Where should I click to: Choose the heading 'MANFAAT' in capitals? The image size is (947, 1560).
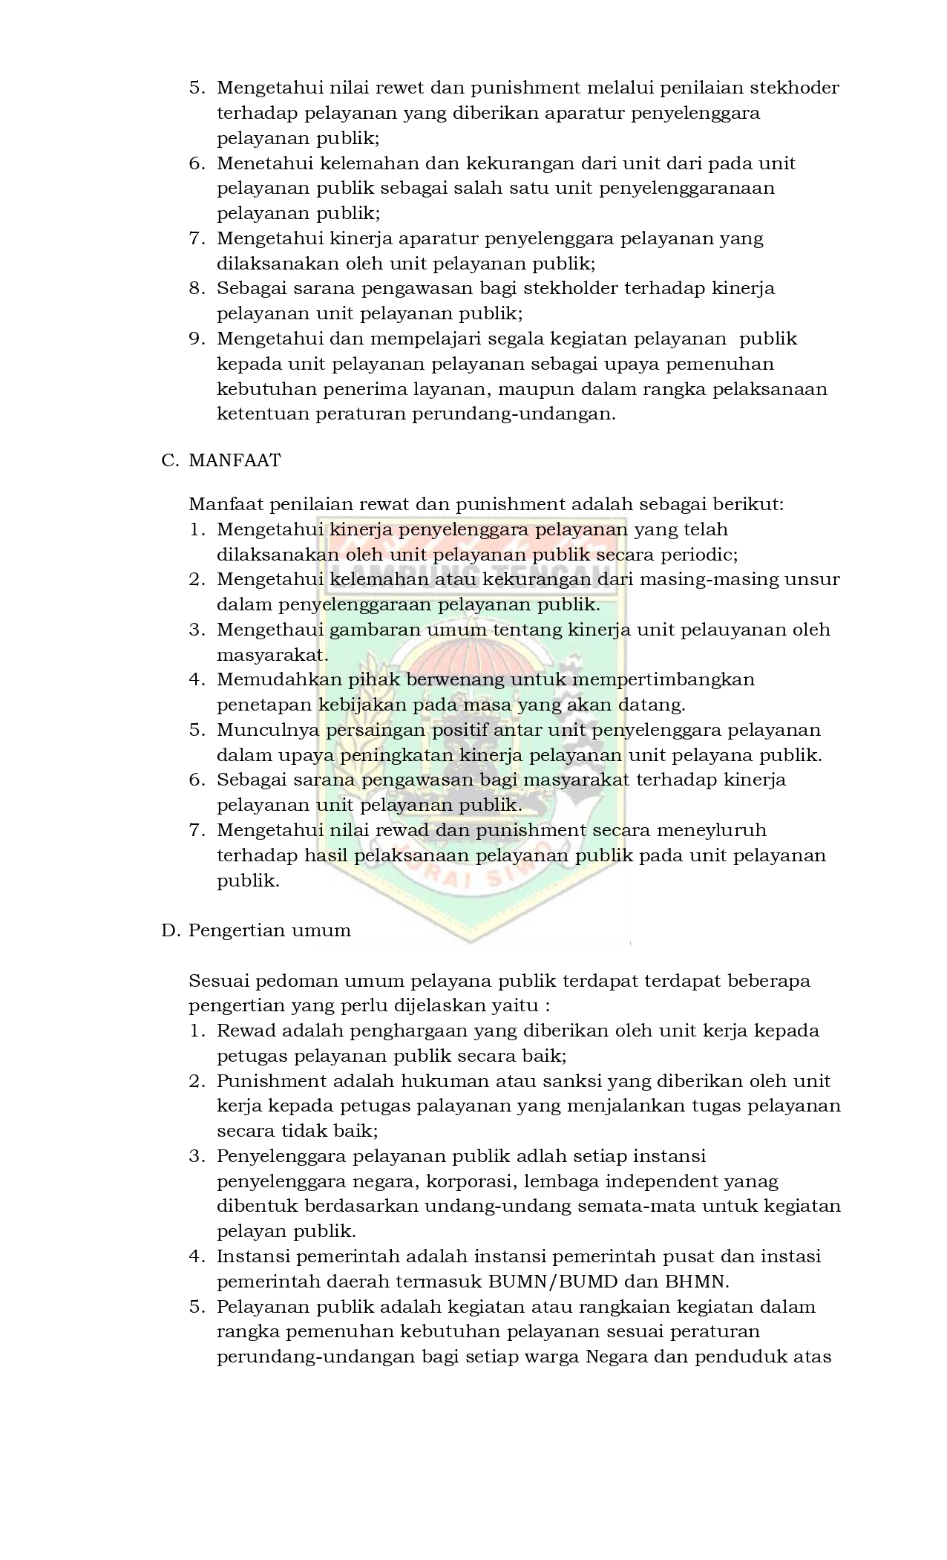point(235,460)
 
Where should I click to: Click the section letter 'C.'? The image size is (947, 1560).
point(170,460)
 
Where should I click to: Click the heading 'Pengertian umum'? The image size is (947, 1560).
point(269,931)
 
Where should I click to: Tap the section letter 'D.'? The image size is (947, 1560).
point(171,931)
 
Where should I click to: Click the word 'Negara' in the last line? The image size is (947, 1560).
point(616,1357)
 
